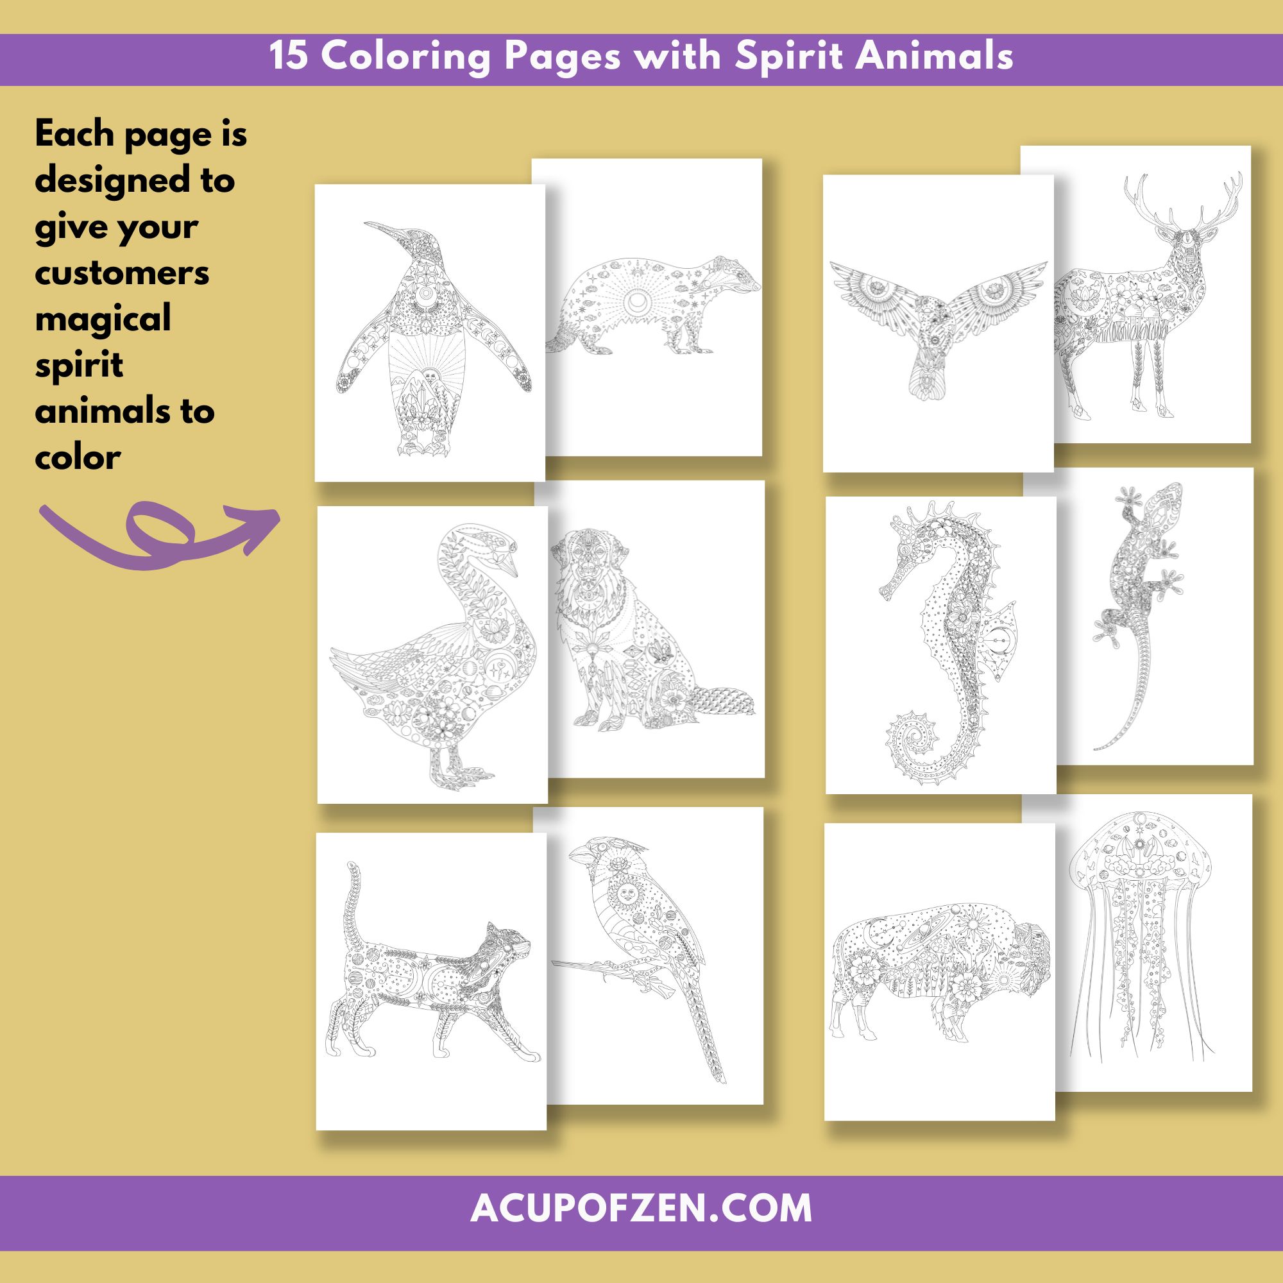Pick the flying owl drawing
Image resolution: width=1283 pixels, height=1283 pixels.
[x=939, y=325]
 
